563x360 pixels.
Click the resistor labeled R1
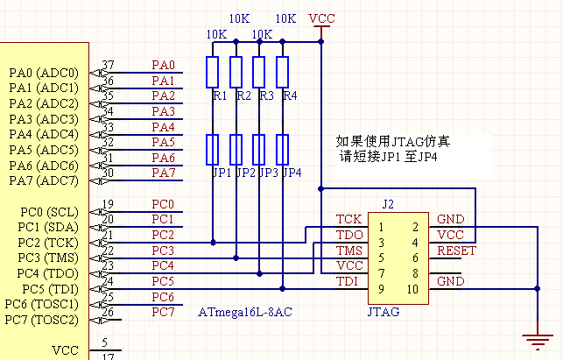tap(212, 72)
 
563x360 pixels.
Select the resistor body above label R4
tap(283, 72)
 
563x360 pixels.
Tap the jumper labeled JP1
tap(212, 150)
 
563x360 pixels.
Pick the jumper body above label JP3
tap(259, 150)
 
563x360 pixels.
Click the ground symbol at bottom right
tap(533, 338)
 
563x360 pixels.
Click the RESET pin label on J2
tap(455, 250)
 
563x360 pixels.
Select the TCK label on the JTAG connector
tap(348, 219)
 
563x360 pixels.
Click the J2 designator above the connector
tap(388, 204)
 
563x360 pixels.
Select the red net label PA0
tap(163, 65)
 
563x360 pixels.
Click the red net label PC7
tap(163, 312)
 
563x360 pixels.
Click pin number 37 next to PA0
tap(109, 66)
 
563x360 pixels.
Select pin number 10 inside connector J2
tap(411, 289)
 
